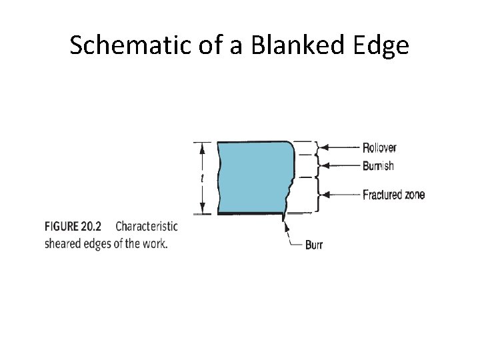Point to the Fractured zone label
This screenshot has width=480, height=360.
393,195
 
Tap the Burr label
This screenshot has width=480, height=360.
313,245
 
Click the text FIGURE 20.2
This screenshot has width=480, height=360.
77,226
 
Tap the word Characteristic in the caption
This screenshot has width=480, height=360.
147,226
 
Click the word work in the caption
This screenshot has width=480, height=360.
155,243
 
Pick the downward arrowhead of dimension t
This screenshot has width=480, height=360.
203,209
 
